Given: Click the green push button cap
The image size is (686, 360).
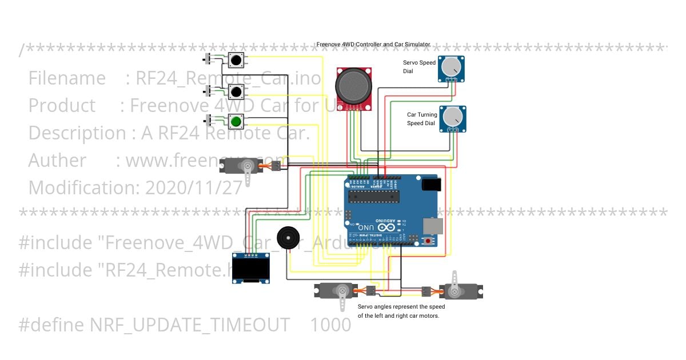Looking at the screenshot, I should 236,121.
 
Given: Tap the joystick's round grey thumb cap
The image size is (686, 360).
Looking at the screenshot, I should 353,85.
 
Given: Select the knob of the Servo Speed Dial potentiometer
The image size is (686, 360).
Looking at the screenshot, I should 452,67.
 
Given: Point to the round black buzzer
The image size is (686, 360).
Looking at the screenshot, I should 287,237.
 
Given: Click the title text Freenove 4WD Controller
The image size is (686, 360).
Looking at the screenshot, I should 373,44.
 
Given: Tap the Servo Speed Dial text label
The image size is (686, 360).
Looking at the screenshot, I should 419,67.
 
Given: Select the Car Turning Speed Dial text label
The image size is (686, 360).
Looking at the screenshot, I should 421,119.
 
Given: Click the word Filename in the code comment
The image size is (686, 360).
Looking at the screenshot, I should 67,78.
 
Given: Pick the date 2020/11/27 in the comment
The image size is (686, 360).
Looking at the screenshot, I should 194,187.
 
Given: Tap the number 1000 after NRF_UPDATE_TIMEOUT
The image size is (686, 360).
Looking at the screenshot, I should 330,325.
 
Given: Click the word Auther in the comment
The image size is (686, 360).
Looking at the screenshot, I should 58,161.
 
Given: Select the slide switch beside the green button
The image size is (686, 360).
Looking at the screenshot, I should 209,121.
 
